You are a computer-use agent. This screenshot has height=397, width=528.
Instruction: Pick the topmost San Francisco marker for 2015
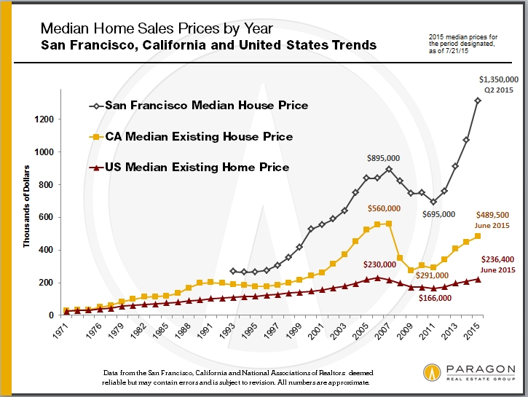point(478,101)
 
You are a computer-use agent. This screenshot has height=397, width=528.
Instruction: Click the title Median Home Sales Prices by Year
point(157,29)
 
